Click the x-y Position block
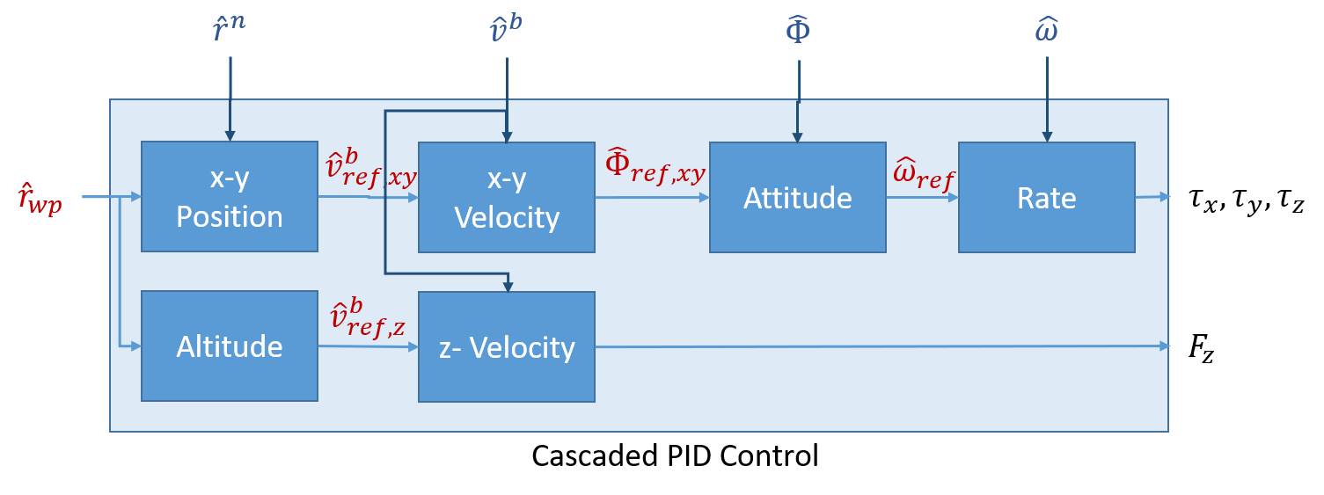click(230, 197)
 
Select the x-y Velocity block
click(506, 197)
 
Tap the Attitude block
click(797, 197)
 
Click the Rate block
click(1046, 197)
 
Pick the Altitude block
click(230, 346)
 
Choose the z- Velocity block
click(506, 347)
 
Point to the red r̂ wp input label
click(40, 199)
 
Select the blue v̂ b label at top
click(506, 30)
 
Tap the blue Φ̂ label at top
click(798, 30)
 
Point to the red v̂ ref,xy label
click(369, 171)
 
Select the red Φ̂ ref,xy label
click(655, 167)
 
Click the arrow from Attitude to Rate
click(922, 198)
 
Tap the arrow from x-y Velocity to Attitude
click(652, 198)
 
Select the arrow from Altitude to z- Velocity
click(368, 347)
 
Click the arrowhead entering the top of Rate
click(1047, 136)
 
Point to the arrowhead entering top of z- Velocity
click(507, 286)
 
